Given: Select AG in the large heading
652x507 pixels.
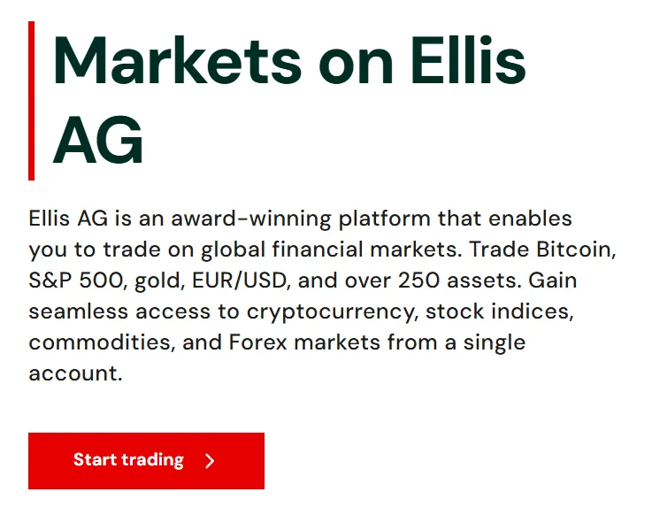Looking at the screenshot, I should tap(97, 141).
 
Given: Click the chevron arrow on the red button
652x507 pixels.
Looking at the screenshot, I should tap(210, 461).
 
